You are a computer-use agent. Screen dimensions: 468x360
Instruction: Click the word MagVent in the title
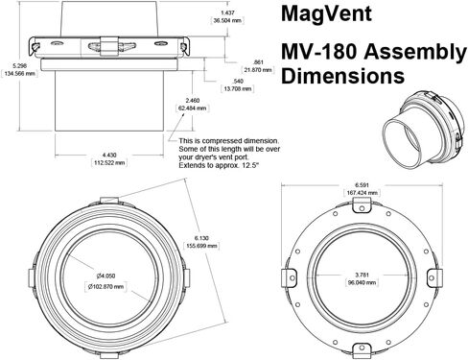(x=326, y=13)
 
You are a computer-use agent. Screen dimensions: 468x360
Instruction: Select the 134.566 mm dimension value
(x=19, y=74)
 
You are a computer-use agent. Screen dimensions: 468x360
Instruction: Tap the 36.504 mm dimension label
(x=227, y=20)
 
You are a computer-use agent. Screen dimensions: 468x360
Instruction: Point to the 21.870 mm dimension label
(x=258, y=70)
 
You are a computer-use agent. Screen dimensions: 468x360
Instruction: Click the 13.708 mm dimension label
(x=237, y=88)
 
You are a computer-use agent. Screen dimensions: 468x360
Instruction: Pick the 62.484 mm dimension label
(x=192, y=108)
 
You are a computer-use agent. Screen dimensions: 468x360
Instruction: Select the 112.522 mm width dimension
(x=109, y=162)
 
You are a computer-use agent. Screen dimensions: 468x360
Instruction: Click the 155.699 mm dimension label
(x=201, y=246)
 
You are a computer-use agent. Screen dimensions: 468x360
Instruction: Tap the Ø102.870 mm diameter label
(x=105, y=287)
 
